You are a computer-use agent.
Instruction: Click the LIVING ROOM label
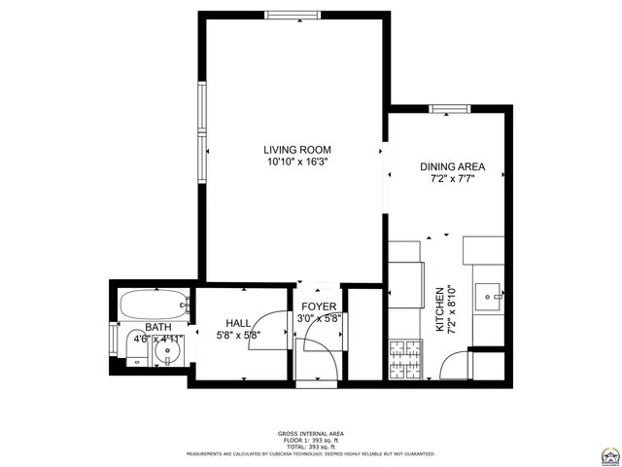click(x=297, y=150)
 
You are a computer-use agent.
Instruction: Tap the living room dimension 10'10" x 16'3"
click(x=297, y=162)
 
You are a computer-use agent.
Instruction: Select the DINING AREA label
click(x=452, y=166)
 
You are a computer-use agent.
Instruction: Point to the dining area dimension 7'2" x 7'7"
click(x=452, y=179)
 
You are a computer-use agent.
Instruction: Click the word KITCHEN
click(x=439, y=309)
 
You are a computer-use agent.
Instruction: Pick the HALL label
click(x=239, y=323)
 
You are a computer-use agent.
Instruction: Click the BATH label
click(x=157, y=327)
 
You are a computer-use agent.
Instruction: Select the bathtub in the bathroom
click(x=151, y=304)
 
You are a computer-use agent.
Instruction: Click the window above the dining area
click(x=447, y=109)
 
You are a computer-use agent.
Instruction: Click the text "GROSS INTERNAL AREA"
click(x=311, y=434)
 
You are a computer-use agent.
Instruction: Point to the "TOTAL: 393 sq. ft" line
click(x=311, y=446)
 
